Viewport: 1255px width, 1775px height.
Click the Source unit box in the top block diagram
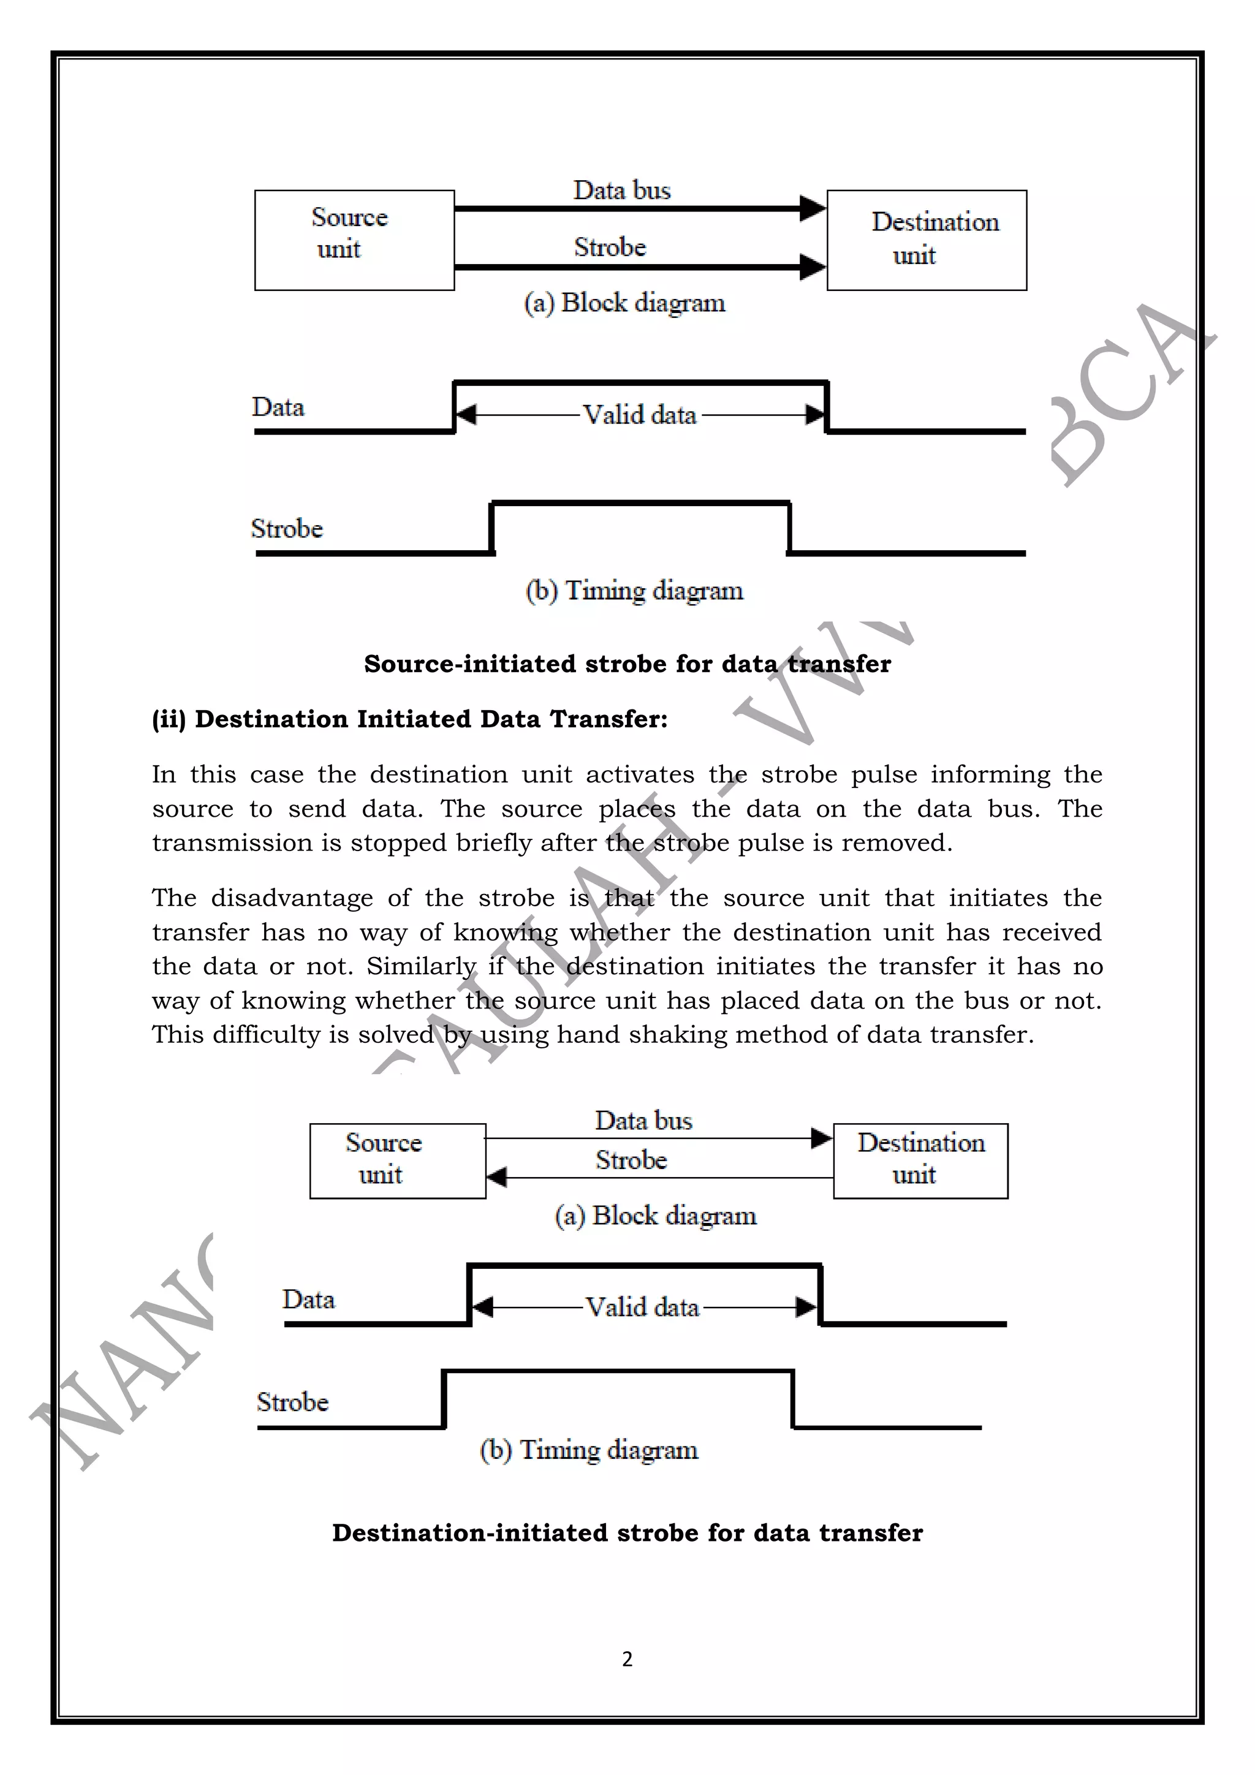354,240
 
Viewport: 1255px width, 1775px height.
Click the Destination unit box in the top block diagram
927,240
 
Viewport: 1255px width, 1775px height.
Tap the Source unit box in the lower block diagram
398,1160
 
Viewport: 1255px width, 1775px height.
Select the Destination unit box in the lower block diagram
920,1160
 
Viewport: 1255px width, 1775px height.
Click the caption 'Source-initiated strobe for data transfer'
627,664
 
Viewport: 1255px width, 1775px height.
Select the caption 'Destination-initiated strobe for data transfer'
627,1532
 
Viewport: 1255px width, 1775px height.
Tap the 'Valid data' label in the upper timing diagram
640,415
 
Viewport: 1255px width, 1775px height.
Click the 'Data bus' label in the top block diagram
622,190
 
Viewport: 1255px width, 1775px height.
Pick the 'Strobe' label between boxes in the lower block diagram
631,1160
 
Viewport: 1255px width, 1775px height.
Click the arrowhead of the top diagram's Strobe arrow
812,267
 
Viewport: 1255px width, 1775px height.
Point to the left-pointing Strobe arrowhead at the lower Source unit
496,1178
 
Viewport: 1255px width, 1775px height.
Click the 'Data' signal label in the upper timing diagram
278,407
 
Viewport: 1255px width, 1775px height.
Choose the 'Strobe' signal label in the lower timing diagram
292,1402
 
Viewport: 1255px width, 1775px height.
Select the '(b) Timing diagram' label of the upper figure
634,591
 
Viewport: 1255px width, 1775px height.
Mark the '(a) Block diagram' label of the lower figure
655,1215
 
